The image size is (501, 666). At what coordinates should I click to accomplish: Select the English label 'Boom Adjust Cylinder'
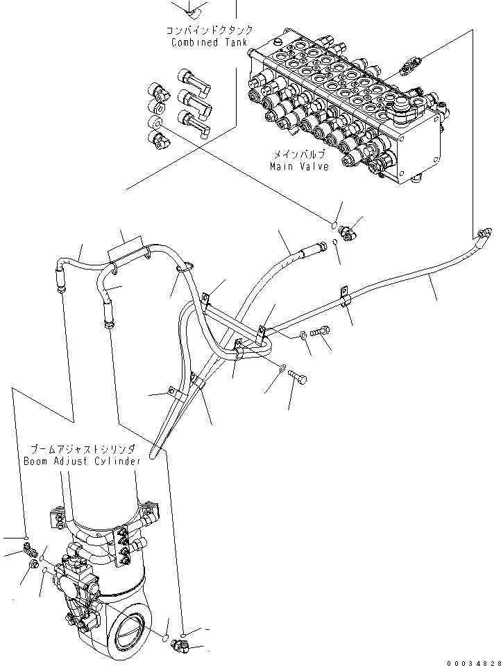coord(82,461)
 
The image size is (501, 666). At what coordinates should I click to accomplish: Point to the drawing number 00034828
coord(473,660)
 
